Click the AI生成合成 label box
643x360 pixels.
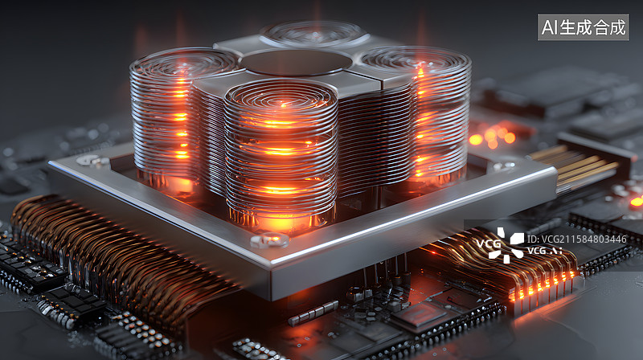[583, 27]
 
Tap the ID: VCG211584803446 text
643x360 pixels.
[577, 239]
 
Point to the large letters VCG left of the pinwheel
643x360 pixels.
[488, 244]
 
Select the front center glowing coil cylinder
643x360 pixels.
[281, 156]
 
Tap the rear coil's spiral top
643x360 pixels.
[314, 34]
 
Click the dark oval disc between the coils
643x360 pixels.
[296, 63]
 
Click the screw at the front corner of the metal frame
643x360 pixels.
[270, 240]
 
